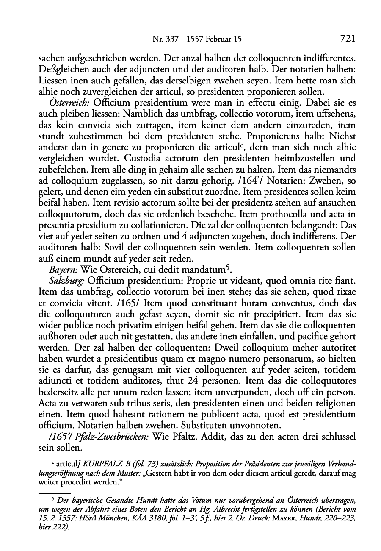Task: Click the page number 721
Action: pos(346,39)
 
